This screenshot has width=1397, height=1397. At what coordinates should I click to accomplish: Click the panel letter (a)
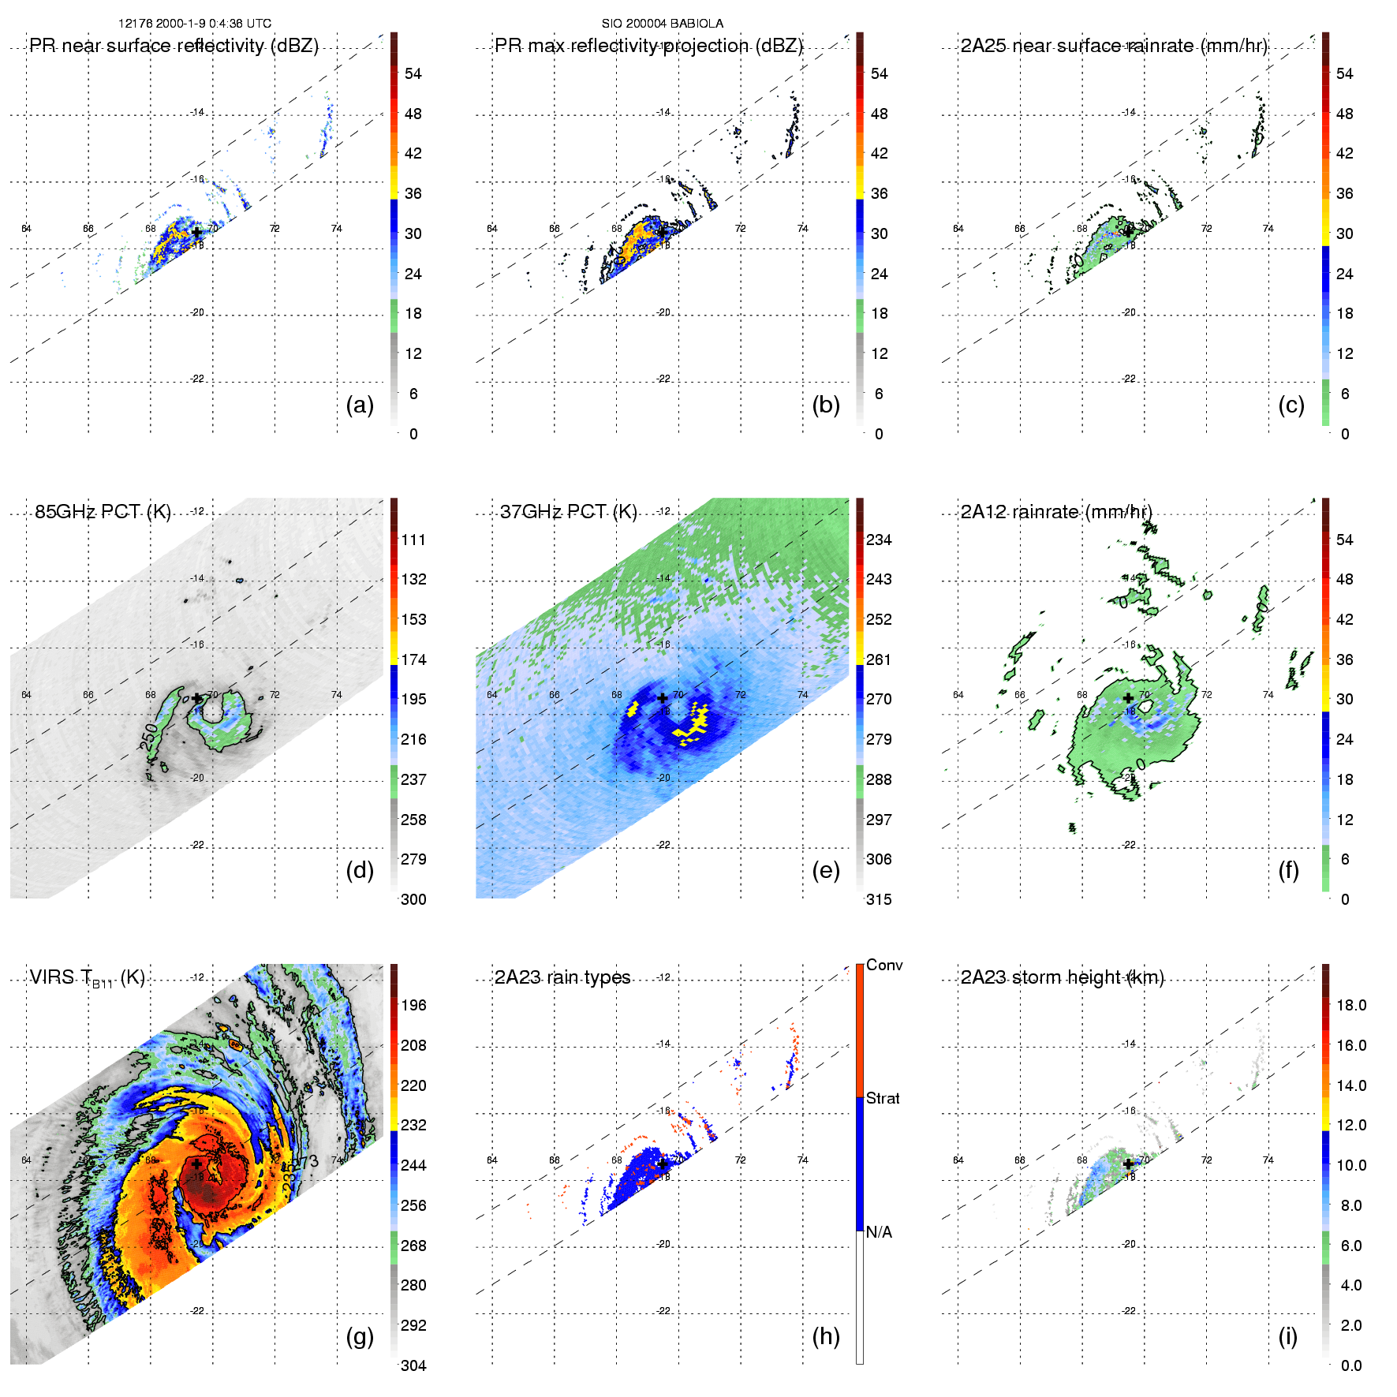[x=360, y=405]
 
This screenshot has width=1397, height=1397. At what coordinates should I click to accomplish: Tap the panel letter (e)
[x=825, y=871]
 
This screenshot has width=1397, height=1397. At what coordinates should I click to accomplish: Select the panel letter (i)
[x=1288, y=1336]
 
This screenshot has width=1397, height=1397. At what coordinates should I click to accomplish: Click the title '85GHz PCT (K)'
[x=103, y=512]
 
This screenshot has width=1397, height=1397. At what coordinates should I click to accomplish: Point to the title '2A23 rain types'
[x=562, y=977]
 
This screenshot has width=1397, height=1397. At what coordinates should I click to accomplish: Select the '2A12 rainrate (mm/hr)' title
[x=1056, y=512]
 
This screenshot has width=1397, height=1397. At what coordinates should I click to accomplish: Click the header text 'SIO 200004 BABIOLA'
[x=663, y=24]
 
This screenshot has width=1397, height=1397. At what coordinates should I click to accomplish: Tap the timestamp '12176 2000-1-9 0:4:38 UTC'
[x=195, y=24]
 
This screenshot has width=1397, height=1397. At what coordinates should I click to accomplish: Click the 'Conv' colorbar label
[x=884, y=966]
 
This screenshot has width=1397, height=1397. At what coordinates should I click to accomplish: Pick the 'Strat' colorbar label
[x=883, y=1098]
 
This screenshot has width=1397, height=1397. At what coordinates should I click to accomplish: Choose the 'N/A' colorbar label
[x=879, y=1232]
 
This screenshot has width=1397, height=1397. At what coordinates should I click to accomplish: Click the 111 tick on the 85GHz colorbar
[x=413, y=540]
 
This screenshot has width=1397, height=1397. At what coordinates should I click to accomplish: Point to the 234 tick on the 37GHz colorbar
[x=879, y=540]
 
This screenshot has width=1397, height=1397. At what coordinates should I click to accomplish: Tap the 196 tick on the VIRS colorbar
[x=413, y=1006]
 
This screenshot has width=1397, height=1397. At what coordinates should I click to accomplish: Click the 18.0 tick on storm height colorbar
[x=1351, y=1006]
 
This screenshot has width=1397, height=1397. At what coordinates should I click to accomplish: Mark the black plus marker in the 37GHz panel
[x=663, y=698]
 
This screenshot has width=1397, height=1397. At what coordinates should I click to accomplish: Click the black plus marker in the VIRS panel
[x=196, y=1164]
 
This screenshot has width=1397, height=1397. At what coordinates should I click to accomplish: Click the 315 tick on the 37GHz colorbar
[x=879, y=900]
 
